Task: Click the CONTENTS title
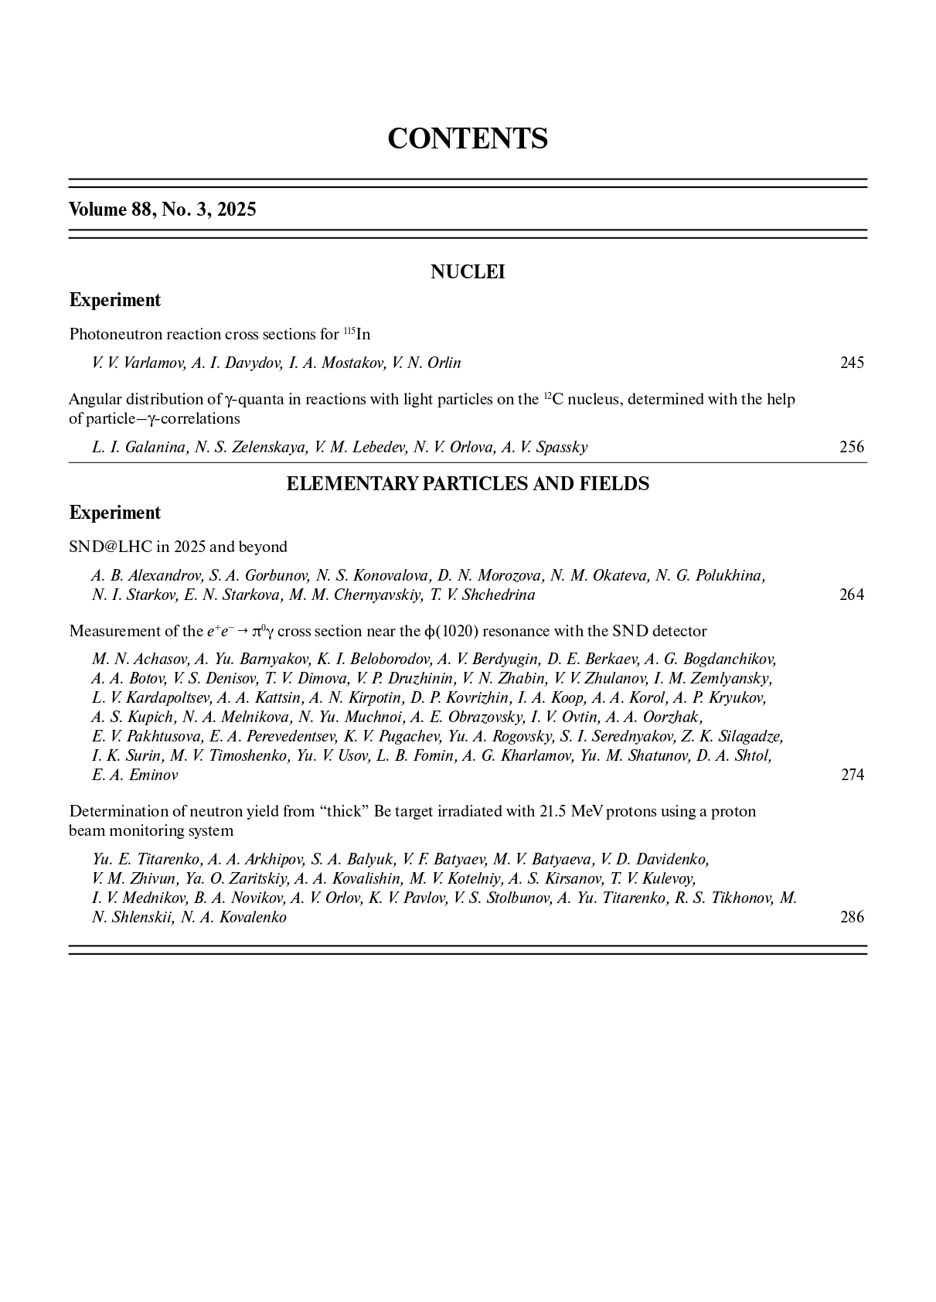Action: [x=468, y=138]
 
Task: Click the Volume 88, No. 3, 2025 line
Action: [x=162, y=210]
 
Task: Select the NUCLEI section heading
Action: [x=468, y=272]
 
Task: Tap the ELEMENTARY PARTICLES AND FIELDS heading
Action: [x=468, y=484]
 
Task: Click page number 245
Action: [x=852, y=363]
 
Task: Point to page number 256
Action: [x=852, y=447]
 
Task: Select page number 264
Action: [x=852, y=595]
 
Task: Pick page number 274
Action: [x=852, y=775]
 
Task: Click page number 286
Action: [x=852, y=917]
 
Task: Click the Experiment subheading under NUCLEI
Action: [x=115, y=300]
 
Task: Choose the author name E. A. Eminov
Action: [x=134, y=775]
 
